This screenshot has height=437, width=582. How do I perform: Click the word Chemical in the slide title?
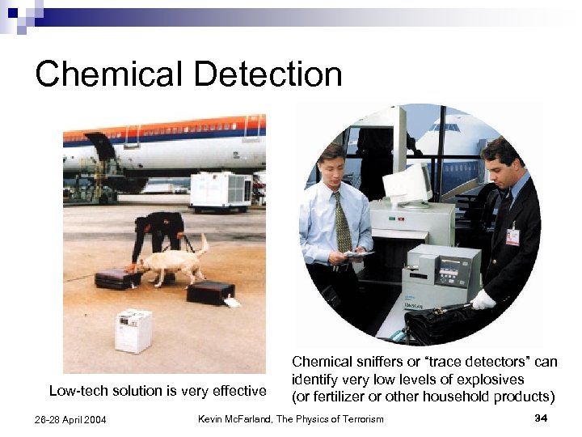108,74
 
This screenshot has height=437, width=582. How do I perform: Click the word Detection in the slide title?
268,74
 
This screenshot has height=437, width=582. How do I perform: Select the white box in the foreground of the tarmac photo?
133,330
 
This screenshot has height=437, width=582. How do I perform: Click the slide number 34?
541,418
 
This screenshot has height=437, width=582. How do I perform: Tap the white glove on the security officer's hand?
483,300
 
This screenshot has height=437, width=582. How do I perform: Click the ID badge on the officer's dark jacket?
512,236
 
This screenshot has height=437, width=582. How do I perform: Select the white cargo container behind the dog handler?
220,191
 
